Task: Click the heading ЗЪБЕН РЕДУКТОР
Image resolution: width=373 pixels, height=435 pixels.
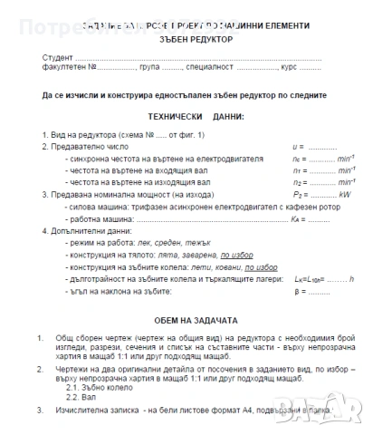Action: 187,41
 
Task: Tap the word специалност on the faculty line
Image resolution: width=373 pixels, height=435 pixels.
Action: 213,68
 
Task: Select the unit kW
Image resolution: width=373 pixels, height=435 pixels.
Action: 344,193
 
